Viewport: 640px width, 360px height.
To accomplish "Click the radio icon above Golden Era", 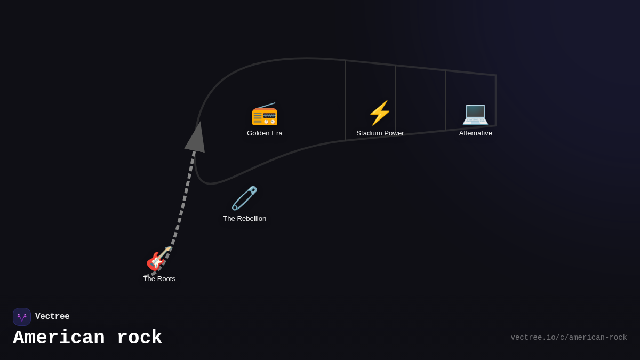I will coord(265,114).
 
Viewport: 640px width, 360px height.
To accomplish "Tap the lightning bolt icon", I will coord(380,113).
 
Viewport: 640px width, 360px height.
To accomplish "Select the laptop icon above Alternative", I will coord(475,114).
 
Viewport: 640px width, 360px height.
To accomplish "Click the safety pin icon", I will coord(245,198).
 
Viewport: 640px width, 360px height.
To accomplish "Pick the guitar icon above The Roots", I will coord(159,259).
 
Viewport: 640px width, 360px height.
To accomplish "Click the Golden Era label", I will coord(265,133).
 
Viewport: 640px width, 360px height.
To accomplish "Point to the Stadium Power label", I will coord(380,133).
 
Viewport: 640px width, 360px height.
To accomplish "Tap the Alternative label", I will coord(475,133).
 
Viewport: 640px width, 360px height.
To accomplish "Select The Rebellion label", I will coord(244,219).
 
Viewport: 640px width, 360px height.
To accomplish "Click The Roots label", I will coord(159,279).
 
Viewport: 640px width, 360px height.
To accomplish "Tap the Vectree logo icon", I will coord(22,317).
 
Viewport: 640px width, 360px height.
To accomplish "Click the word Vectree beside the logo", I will coord(52,317).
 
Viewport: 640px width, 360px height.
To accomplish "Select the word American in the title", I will coord(59,338).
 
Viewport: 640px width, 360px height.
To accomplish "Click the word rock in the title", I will coord(139,338).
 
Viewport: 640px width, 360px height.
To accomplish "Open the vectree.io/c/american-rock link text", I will coord(569,338).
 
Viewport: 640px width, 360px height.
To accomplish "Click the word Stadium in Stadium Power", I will coord(369,133).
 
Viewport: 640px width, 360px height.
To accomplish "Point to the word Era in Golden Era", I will coord(276,133).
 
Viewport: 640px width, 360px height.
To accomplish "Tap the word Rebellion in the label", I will coord(252,219).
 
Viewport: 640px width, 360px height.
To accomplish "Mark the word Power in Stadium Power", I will coord(394,133).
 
